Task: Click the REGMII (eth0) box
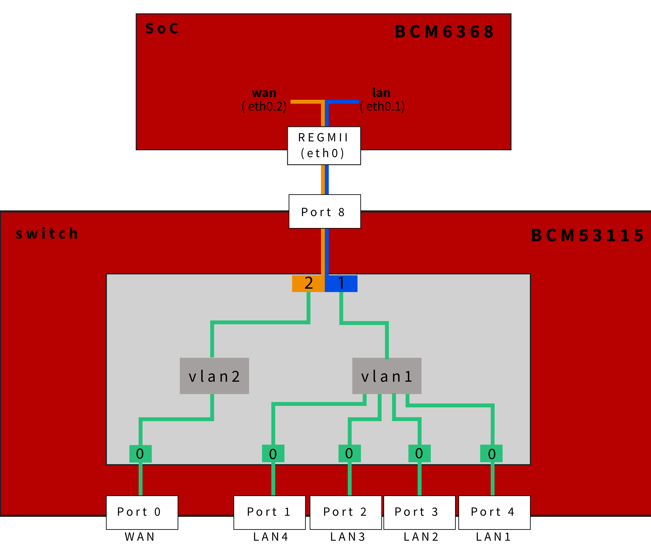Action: click(x=324, y=145)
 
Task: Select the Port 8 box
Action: click(x=324, y=212)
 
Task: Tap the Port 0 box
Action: click(x=142, y=512)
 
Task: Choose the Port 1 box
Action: click(x=269, y=512)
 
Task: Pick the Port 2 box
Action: click(x=346, y=512)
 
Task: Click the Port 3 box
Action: click(x=419, y=512)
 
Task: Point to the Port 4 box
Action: click(x=494, y=512)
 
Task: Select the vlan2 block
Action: click(x=214, y=376)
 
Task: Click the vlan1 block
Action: click(x=387, y=376)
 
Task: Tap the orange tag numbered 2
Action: click(x=308, y=283)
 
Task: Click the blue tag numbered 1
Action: click(x=341, y=283)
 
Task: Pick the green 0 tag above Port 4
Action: click(x=491, y=454)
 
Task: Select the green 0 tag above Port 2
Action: click(x=349, y=453)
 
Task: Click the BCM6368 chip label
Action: click(x=444, y=32)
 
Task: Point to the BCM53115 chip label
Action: click(x=587, y=235)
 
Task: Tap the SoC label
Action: click(x=162, y=29)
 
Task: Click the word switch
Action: click(x=47, y=233)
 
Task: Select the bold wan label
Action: click(x=264, y=93)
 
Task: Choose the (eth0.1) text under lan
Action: click(x=382, y=106)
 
